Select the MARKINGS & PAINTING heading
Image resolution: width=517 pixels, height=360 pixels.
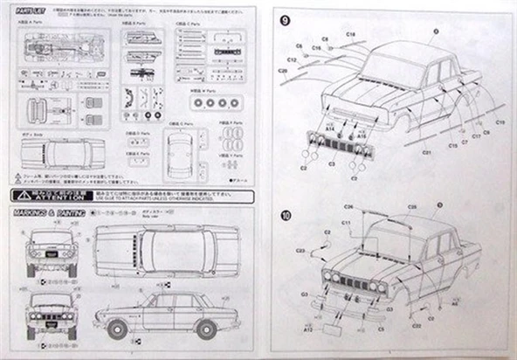pyautogui.click(x=49, y=212)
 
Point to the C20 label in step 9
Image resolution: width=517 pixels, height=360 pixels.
pyautogui.click(x=283, y=71)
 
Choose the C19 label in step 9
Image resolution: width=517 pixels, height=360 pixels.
pyautogui.click(x=500, y=122)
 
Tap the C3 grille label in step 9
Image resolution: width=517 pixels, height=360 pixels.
pyautogui.click(x=332, y=163)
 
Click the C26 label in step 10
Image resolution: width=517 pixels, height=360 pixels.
pyautogui.click(x=348, y=207)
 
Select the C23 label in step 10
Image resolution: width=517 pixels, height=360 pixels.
pyautogui.click(x=300, y=251)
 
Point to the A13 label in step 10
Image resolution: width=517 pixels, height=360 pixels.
pyautogui.click(x=308, y=331)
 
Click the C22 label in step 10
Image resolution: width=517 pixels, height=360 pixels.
pyautogui.click(x=417, y=326)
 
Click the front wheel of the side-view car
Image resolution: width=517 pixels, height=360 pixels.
pyautogui.click(x=115, y=329)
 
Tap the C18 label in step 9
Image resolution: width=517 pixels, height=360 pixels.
pyautogui.click(x=349, y=34)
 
